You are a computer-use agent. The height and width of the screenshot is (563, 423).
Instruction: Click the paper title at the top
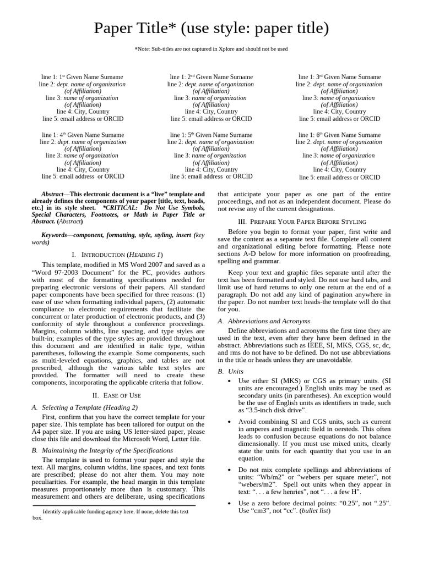[x=211, y=28]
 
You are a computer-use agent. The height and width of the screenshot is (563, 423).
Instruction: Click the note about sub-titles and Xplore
[x=211, y=49]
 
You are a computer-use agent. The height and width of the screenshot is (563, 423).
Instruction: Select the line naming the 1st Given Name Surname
[x=83, y=77]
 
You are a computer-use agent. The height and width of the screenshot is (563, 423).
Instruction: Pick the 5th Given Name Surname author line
[x=211, y=135]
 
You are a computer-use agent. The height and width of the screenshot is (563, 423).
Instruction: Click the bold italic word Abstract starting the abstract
[x=53, y=194]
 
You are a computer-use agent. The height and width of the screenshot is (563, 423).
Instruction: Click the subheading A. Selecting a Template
[x=85, y=407]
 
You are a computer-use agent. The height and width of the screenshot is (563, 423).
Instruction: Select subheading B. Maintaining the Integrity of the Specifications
[x=102, y=450]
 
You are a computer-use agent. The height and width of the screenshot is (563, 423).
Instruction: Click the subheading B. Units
[x=231, y=372]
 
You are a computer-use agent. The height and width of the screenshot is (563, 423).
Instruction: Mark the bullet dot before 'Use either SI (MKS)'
[x=229, y=381]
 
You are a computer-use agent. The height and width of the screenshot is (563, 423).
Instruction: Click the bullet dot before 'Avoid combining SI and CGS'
[x=229, y=421]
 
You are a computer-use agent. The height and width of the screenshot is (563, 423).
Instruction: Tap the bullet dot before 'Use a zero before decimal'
[x=229, y=504]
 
